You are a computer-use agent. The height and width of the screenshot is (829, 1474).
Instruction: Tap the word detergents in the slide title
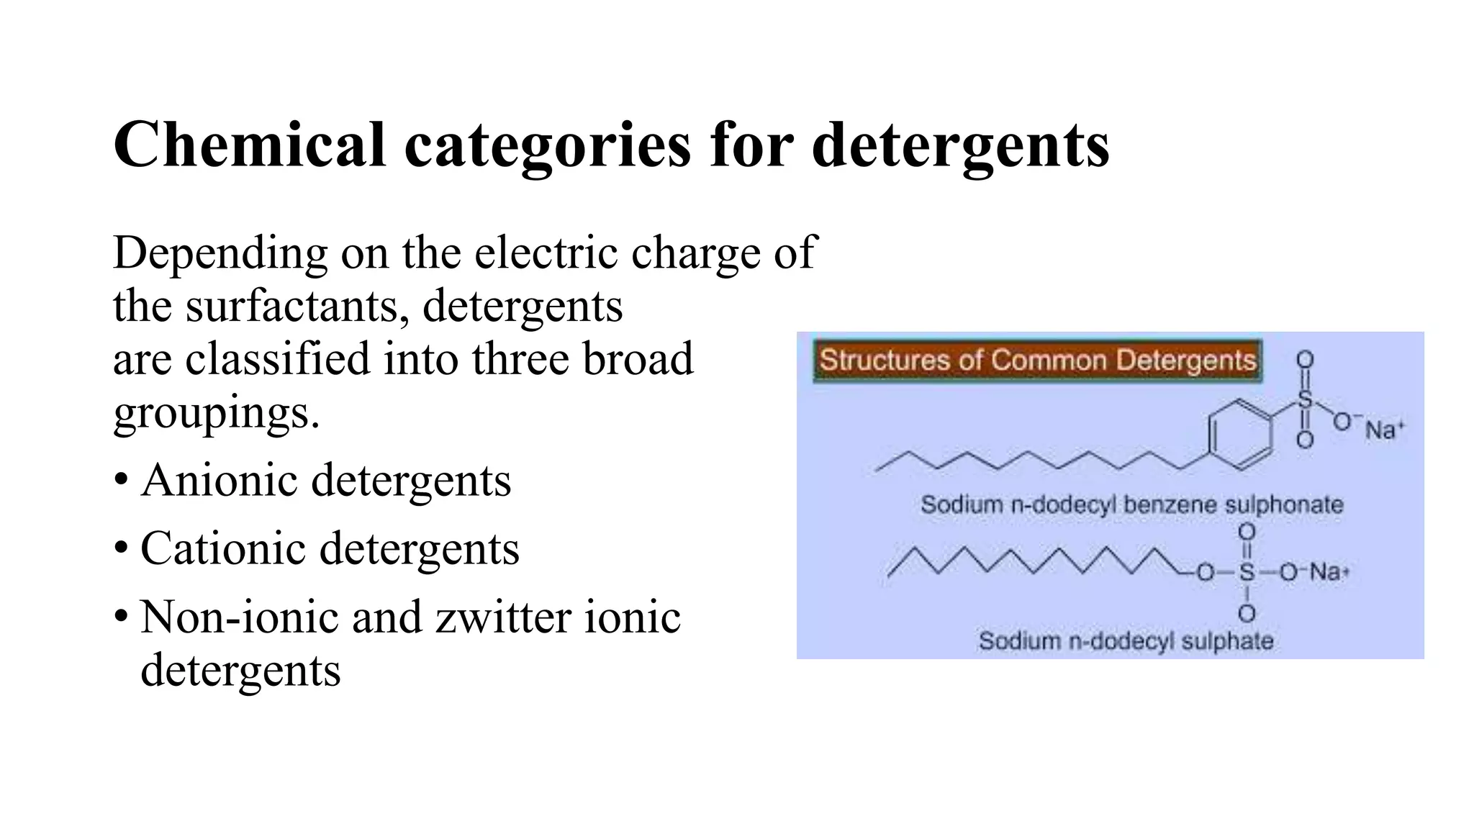[960, 146]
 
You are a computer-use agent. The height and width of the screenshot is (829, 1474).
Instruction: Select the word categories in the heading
[547, 146]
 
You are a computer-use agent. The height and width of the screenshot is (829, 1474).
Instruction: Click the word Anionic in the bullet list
[219, 480]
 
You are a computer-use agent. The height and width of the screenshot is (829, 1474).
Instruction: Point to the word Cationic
[223, 548]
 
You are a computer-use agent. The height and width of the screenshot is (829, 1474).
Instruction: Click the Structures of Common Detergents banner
[1037, 360]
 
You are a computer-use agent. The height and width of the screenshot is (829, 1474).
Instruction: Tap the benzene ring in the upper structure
[1239, 435]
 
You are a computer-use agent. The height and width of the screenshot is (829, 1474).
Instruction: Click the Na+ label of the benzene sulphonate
[1384, 430]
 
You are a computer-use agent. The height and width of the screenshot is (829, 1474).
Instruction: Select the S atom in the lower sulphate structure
[1247, 573]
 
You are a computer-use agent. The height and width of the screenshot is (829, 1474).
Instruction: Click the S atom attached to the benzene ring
[1305, 400]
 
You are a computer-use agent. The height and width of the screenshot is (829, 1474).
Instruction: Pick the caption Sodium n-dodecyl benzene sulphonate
[1131, 504]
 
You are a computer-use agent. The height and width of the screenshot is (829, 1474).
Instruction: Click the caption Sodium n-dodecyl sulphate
[1126, 640]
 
